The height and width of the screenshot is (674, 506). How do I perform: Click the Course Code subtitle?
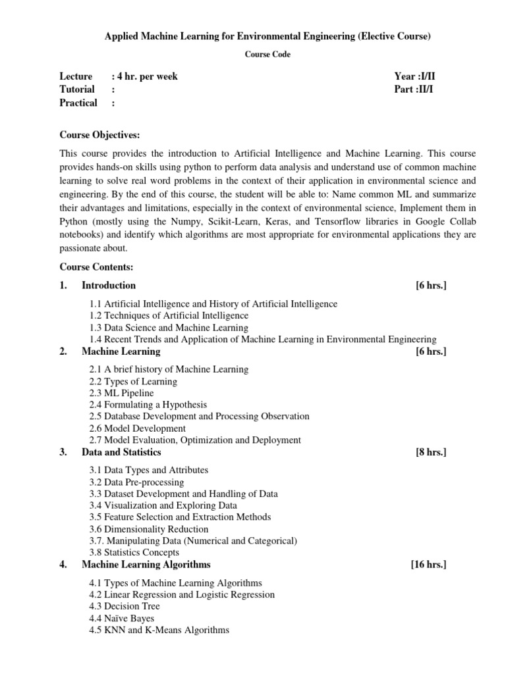(267, 55)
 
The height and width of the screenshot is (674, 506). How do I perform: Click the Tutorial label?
(77, 90)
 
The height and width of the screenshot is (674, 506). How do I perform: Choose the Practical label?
(78, 103)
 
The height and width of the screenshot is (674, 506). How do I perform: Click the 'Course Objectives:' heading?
(99, 135)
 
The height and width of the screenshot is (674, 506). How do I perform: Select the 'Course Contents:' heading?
(96, 267)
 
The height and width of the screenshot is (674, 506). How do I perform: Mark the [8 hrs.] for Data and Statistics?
(431, 452)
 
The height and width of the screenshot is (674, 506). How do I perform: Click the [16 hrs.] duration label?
(428, 565)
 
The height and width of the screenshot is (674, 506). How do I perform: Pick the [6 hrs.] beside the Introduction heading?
(431, 286)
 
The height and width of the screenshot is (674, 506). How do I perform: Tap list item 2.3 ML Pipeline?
(121, 393)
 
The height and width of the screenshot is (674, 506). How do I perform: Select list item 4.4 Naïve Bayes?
(122, 618)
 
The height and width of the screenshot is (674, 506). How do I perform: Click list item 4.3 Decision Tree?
(125, 606)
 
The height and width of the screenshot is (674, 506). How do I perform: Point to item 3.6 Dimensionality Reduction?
(149, 529)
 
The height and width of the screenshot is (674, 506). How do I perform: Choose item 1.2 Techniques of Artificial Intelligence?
(169, 316)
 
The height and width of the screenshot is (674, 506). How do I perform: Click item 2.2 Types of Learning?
(133, 381)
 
